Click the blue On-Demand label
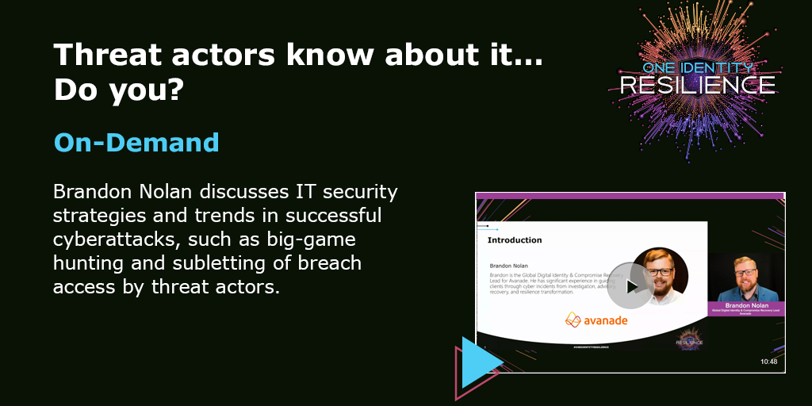136,143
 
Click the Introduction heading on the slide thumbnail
515,239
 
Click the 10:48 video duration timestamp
768,362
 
